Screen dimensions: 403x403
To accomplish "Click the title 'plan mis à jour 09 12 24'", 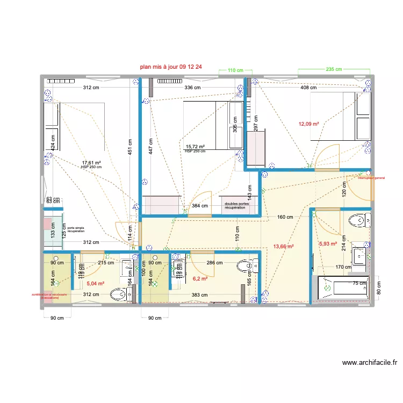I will (170, 68).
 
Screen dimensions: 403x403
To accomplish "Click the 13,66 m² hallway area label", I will (283, 247).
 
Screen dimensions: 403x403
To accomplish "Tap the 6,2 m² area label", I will (200, 279).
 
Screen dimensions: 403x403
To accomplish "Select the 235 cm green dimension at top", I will (334, 69).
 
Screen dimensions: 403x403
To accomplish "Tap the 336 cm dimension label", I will (192, 87).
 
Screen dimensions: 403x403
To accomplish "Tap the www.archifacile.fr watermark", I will (369, 363).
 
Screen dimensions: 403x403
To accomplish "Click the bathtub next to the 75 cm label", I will (342, 287).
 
